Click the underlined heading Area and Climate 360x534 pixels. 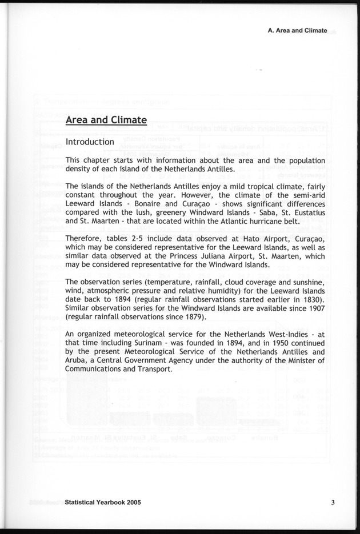tap(106, 120)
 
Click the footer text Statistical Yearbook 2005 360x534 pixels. tap(103, 503)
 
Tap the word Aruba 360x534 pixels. tap(79, 361)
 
